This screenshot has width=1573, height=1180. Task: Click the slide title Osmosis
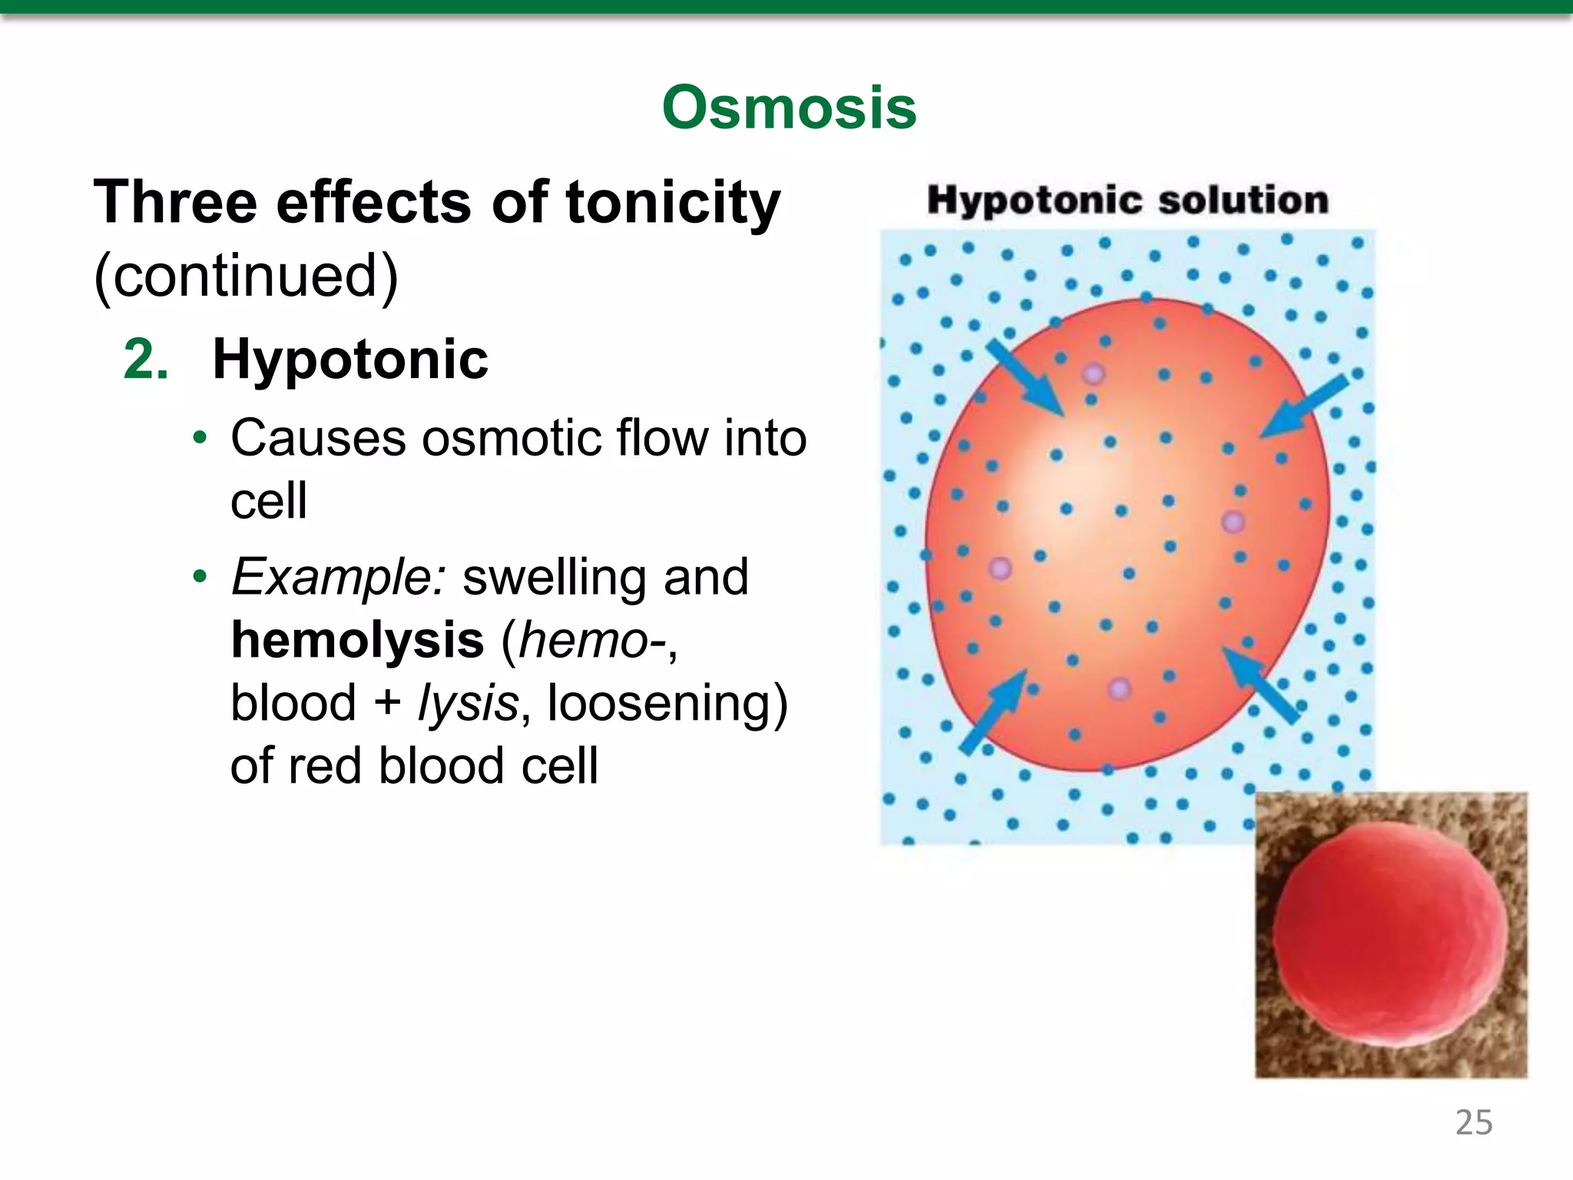[x=789, y=108]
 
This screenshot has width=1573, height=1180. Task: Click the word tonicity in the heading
[x=673, y=203]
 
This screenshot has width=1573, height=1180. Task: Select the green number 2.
[x=146, y=360]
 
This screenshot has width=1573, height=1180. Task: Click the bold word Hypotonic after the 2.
[x=350, y=360]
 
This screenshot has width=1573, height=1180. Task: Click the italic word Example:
[x=338, y=577]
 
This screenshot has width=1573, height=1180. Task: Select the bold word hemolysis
[x=357, y=640]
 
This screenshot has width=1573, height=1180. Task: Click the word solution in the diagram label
[x=1243, y=201]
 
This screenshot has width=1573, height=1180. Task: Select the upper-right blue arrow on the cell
[x=1303, y=407]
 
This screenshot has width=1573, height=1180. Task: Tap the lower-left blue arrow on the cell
[x=994, y=711]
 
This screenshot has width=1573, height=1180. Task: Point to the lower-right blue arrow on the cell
[x=1260, y=684]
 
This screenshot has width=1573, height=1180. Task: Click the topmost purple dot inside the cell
[x=1094, y=374]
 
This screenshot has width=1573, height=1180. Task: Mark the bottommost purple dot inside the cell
[x=1119, y=688]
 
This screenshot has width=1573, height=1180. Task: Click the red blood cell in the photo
[x=1389, y=933]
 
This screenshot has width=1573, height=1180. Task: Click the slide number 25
[x=1473, y=1123]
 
